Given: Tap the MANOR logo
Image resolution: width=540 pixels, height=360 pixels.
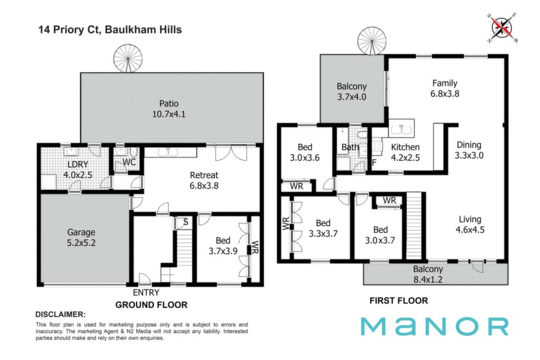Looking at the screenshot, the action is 435,326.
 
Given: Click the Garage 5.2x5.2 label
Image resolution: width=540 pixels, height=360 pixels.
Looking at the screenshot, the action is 81,238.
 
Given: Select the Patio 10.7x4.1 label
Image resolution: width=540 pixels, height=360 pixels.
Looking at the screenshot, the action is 169,109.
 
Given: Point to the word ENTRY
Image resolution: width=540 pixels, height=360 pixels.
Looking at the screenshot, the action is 146,293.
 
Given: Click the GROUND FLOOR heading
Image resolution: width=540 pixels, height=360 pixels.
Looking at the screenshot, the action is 151,305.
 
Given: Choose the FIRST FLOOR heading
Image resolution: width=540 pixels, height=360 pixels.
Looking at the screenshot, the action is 399,301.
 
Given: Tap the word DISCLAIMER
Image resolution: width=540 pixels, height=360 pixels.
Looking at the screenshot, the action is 61,315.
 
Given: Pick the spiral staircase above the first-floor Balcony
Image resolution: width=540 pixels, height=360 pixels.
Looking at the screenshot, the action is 372,41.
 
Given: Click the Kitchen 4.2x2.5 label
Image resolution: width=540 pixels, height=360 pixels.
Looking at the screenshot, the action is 406,152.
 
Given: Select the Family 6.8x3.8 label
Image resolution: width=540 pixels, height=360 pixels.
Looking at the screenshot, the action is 445,89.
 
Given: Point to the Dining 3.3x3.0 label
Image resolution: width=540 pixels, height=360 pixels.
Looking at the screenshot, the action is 469,150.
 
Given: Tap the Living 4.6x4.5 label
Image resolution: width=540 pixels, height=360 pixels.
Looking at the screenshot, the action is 470,225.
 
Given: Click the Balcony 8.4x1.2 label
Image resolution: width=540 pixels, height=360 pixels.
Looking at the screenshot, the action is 428,274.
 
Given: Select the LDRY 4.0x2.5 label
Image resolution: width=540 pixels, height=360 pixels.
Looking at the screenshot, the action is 78,170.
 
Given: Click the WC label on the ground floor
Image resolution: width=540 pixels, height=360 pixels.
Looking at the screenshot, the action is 129,162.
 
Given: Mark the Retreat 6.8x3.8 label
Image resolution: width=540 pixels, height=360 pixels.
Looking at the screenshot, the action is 204,180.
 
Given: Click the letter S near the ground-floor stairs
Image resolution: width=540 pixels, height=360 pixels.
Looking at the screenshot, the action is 186,222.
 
